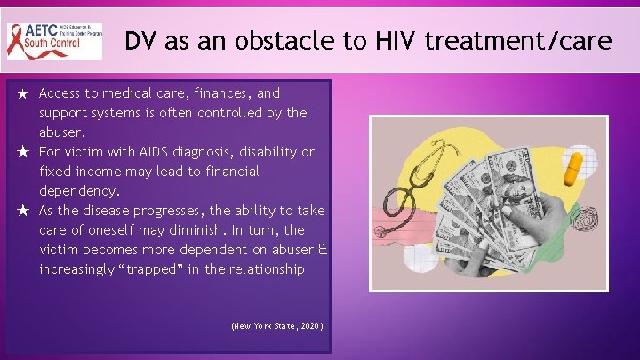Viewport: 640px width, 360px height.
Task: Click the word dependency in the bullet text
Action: click(79, 191)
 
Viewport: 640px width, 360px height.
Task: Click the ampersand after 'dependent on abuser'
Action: click(322, 250)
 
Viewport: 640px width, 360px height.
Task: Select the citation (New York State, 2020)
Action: click(276, 326)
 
